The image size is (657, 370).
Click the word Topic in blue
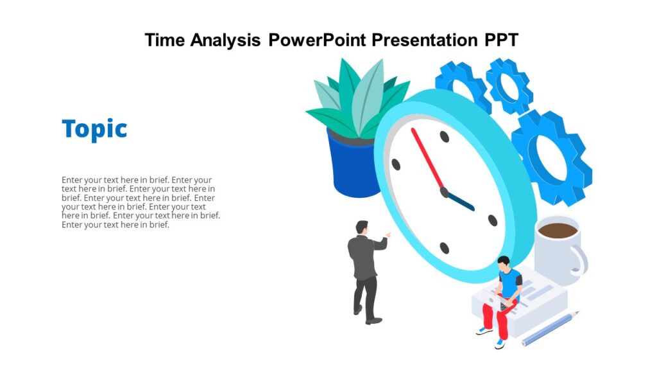[x=94, y=129]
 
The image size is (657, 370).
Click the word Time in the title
[x=166, y=40]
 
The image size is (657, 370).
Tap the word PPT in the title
[x=499, y=40]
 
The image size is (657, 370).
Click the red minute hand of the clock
[x=427, y=161]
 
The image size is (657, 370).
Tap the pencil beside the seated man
[x=550, y=328]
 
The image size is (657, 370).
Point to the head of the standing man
[x=363, y=227]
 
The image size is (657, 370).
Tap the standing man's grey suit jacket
[x=363, y=256]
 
